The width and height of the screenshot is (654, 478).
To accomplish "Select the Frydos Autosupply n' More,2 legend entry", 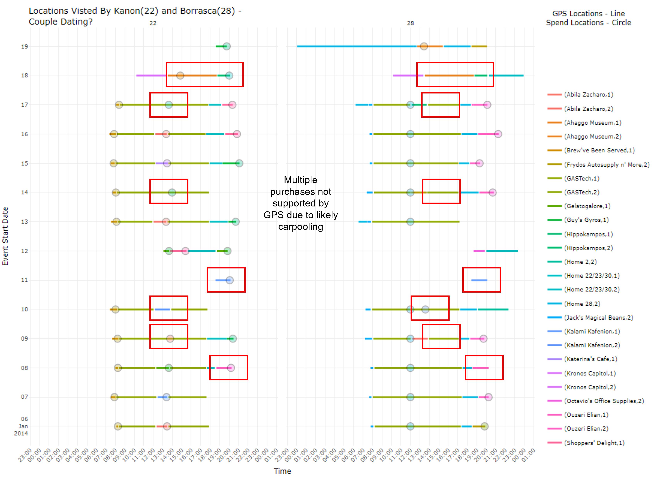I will point(606,165).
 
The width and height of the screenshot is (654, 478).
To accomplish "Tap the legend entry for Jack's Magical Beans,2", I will point(598,318).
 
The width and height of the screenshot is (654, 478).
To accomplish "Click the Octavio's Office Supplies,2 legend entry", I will point(604,401).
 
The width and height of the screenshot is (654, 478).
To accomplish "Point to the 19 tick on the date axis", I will point(24,47).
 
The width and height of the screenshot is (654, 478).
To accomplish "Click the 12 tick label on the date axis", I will point(24,251).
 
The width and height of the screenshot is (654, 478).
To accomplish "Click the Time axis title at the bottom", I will point(282,471).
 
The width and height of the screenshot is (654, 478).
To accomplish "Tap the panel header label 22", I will point(153,23).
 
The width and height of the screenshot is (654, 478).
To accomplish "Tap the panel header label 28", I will point(410,23).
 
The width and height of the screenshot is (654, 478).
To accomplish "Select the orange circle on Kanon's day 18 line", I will point(180,76).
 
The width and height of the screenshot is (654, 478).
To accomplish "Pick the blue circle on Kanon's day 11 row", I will point(230,280).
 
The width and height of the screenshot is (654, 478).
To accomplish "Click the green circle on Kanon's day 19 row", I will point(227,46).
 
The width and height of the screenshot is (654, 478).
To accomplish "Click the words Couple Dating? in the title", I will point(61,22).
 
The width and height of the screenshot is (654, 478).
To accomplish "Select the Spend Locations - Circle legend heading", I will point(588,23).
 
